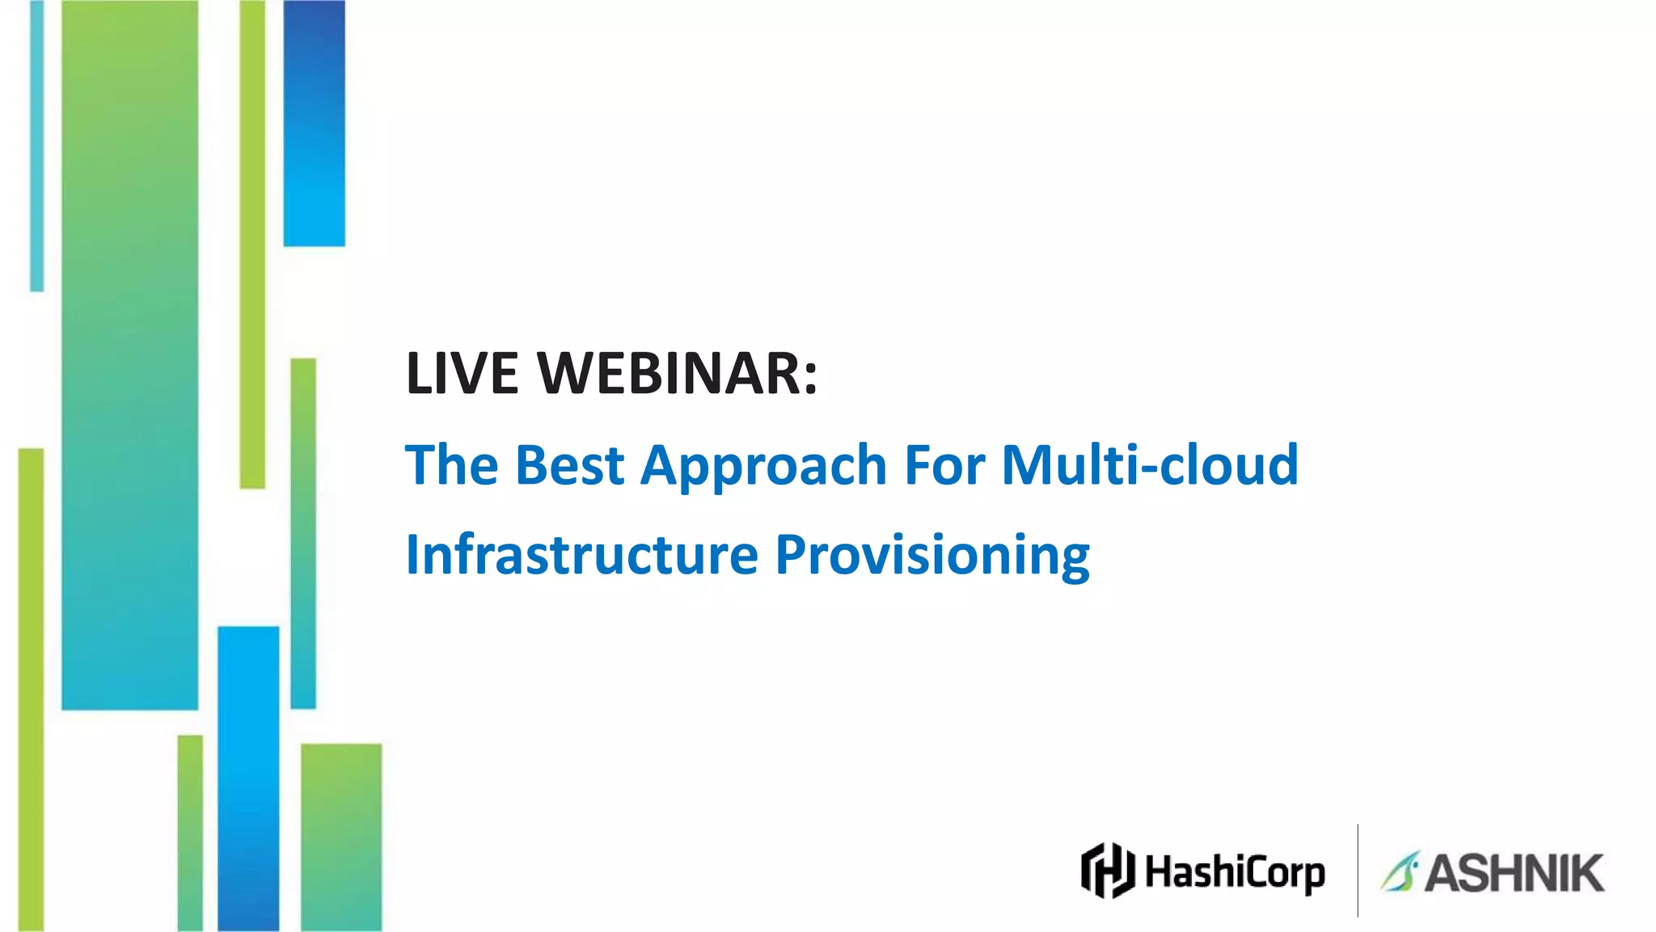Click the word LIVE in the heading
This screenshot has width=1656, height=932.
click(462, 374)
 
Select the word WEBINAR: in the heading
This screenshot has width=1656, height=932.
click(678, 374)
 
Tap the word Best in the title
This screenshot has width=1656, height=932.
click(569, 465)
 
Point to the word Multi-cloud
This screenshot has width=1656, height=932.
click(1150, 465)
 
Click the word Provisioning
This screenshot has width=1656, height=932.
click(932, 557)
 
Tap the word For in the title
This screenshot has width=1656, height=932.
click(944, 465)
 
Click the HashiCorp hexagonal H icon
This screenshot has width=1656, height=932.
click(1108, 871)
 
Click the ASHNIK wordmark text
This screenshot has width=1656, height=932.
click(1514, 873)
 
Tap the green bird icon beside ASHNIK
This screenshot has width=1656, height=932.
click(1400, 872)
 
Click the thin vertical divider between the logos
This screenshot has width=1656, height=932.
click(1358, 871)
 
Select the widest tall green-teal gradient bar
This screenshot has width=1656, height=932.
click(129, 356)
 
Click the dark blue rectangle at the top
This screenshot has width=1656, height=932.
click(314, 121)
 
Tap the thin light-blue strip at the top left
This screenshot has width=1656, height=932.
click(36, 146)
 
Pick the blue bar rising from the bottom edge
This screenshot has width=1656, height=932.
click(248, 777)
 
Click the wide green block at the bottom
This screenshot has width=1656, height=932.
click(341, 837)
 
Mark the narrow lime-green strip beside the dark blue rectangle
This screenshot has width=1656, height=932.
click(252, 243)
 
